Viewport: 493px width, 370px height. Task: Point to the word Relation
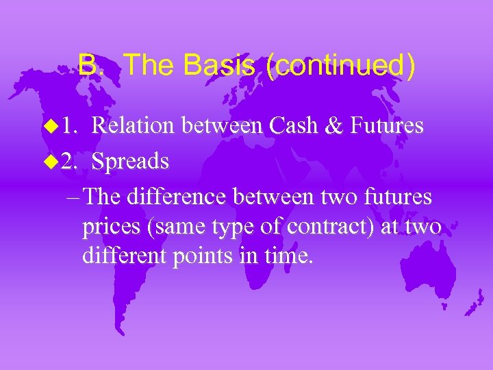click(x=134, y=125)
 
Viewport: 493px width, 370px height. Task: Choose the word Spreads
click(x=130, y=161)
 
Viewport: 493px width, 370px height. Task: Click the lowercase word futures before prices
click(x=395, y=197)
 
